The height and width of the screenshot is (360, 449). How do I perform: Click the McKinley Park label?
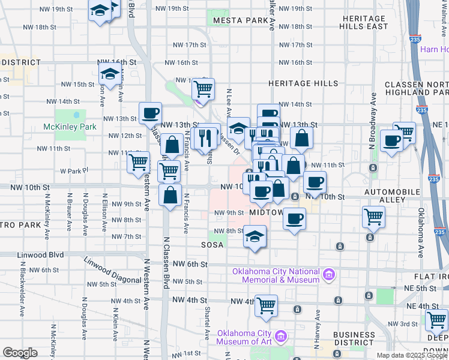tap(70, 127)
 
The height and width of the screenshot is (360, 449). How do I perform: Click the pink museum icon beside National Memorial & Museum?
tap(328, 275)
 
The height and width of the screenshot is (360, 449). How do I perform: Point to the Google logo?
tap(20, 353)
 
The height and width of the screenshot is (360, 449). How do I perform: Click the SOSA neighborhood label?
tap(212, 245)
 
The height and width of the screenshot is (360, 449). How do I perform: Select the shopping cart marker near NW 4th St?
tap(266, 305)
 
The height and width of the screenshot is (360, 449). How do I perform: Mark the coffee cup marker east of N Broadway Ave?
tap(391, 142)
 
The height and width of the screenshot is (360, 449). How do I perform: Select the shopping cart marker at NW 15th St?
tap(203, 89)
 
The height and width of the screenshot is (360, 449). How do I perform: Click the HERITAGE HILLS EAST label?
tap(364, 23)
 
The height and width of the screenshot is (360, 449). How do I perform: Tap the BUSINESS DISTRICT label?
tap(354, 338)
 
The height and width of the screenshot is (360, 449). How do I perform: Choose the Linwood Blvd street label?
tap(40, 255)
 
